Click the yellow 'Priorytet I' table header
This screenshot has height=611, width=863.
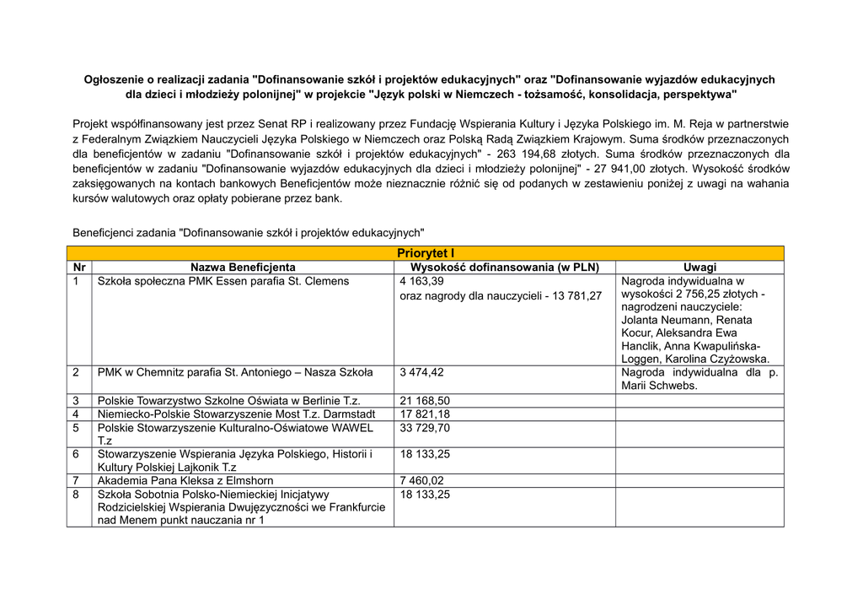pyautogui.click(x=425, y=253)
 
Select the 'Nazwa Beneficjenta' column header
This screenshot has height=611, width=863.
pyautogui.click(x=243, y=267)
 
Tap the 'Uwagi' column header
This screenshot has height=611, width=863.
pyautogui.click(x=700, y=267)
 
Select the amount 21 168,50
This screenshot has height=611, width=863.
pyautogui.click(x=425, y=400)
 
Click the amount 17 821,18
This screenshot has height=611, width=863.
pyautogui.click(x=425, y=414)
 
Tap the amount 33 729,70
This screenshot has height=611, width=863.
pyautogui.click(x=425, y=428)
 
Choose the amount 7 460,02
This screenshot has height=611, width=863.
pyautogui.click(x=421, y=480)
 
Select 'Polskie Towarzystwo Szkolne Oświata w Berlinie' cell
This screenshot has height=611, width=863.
pyautogui.click(x=229, y=400)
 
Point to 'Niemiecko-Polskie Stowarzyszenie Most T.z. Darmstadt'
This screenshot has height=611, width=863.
pyautogui.click(x=236, y=414)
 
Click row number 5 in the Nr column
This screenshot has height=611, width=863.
pyautogui.click(x=77, y=428)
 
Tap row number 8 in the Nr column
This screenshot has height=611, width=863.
pyautogui.click(x=77, y=495)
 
